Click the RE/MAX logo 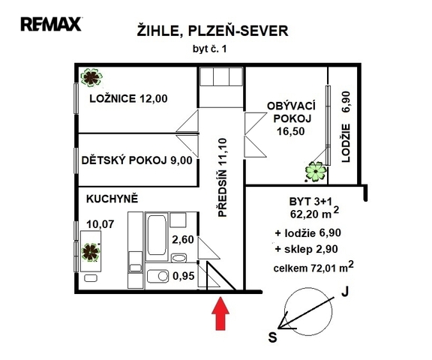(51, 24)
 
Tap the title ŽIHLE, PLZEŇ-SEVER (213, 31)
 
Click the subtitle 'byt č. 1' (210, 49)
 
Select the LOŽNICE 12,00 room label (128, 98)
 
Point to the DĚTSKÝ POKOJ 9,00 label (137, 160)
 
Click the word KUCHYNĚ (112, 199)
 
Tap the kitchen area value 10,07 (100, 224)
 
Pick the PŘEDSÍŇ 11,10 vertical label (222, 178)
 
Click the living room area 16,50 (291, 131)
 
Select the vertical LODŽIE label (346, 143)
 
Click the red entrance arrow (220, 313)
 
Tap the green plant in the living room (316, 172)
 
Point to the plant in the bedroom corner (91, 77)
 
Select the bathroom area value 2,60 (183, 240)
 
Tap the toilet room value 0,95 (184, 276)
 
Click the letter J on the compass (345, 292)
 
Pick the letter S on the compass (272, 337)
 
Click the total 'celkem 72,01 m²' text (313, 267)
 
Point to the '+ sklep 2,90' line (306, 249)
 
